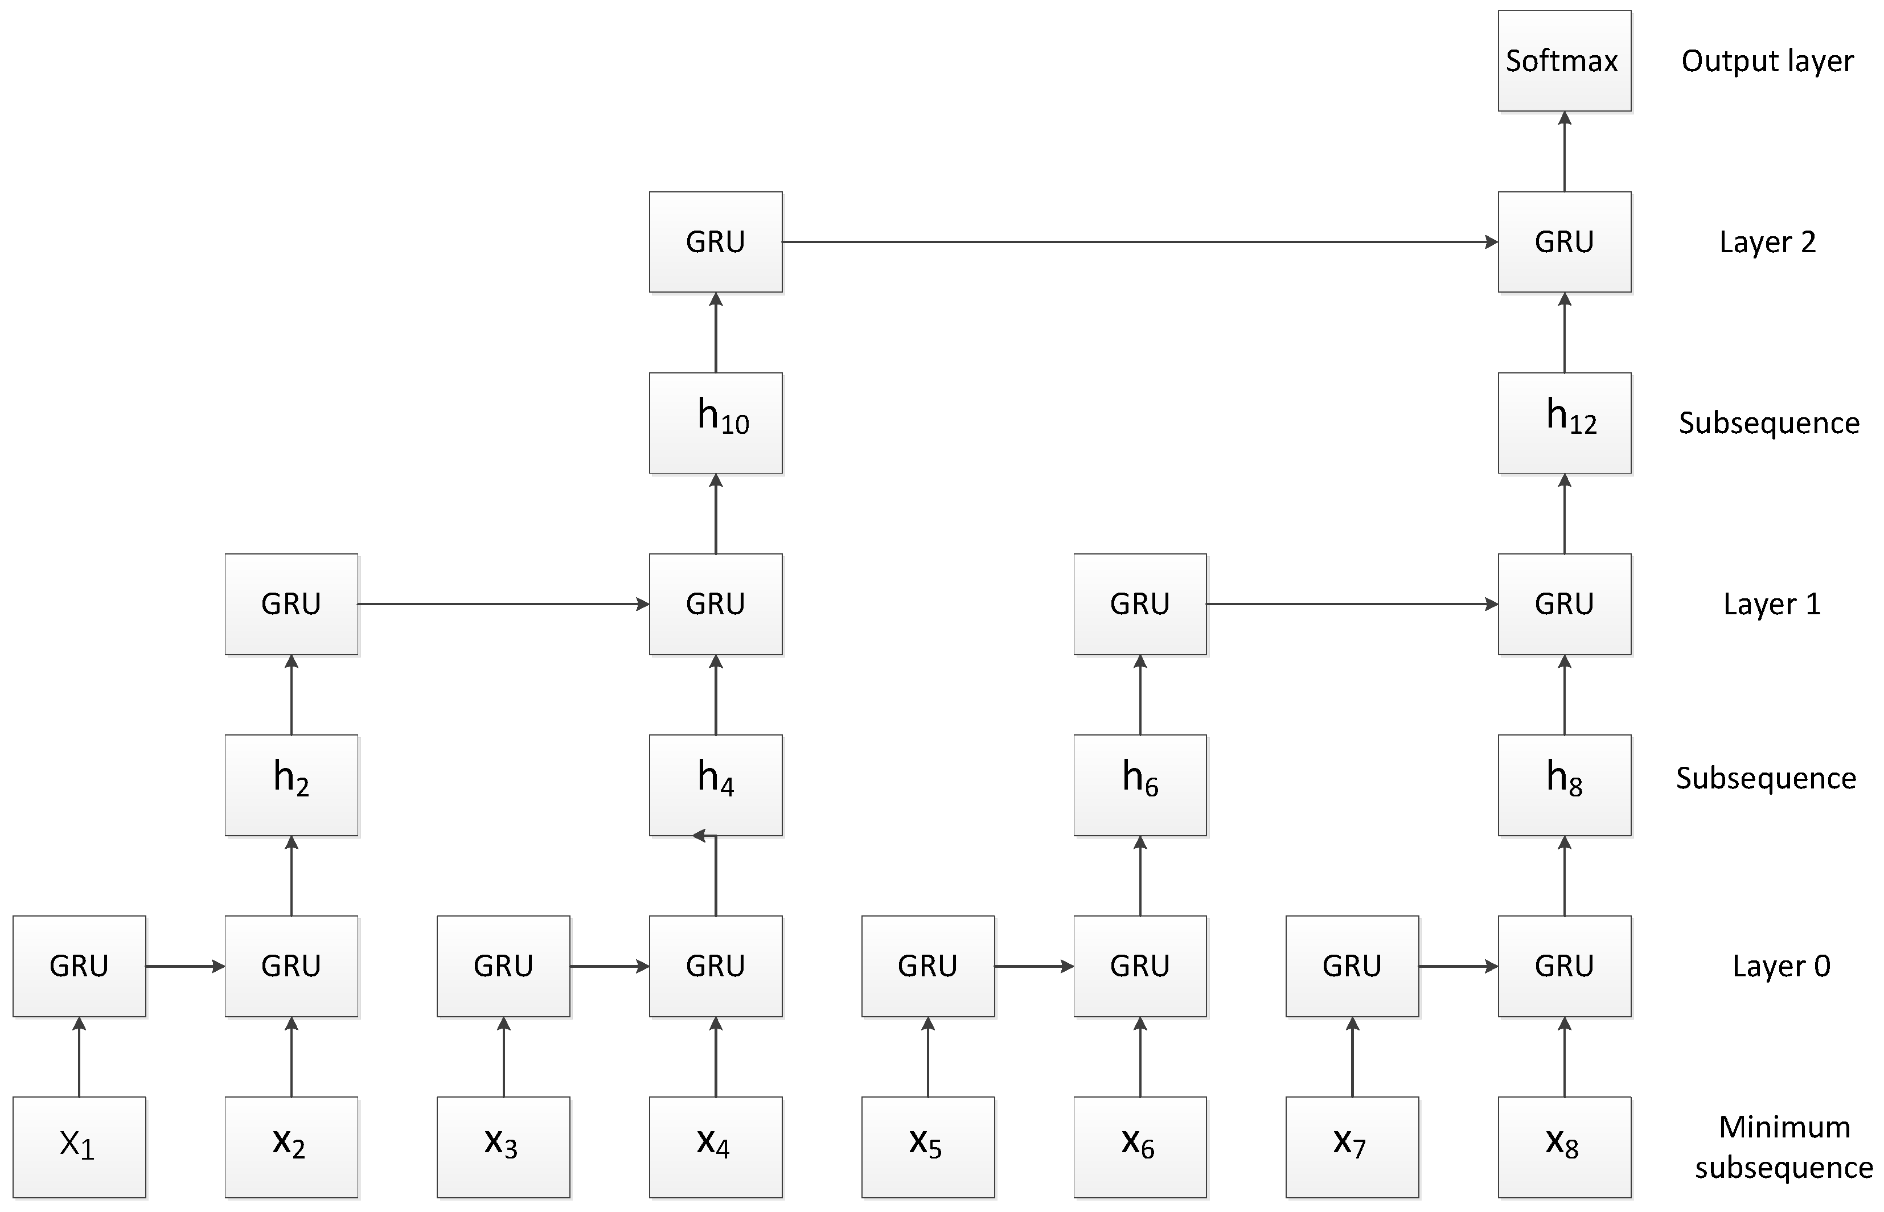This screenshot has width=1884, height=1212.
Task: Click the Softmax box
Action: (1563, 60)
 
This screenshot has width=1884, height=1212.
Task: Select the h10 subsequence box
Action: (715, 422)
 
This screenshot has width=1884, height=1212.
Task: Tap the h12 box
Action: (1563, 422)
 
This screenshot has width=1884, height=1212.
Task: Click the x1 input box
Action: (79, 1147)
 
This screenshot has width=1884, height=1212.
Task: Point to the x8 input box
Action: (1563, 1147)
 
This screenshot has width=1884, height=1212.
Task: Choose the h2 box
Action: (291, 784)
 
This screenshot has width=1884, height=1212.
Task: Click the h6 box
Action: (1139, 784)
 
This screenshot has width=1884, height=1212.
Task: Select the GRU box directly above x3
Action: (503, 966)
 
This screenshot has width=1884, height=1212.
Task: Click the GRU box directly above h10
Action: (715, 241)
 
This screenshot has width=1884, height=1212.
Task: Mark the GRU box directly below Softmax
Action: (1563, 241)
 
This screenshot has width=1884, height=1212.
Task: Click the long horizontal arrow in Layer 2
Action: (1139, 241)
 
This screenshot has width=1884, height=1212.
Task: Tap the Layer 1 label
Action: (1771, 603)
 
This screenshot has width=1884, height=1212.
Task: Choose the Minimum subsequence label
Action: (1783, 1147)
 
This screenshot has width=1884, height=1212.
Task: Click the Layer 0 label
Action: (1781, 966)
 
